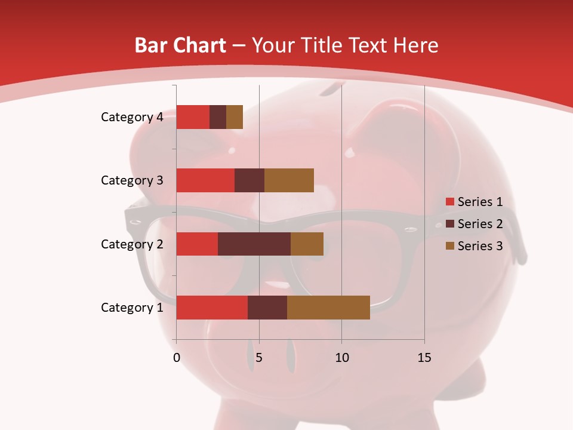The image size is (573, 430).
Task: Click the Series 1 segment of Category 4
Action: pyautogui.click(x=193, y=117)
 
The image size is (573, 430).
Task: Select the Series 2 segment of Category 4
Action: pyautogui.click(x=218, y=117)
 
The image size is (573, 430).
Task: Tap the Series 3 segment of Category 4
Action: pyautogui.click(x=235, y=117)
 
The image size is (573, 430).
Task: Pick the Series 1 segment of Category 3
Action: pyautogui.click(x=205, y=180)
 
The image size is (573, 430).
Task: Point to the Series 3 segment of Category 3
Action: pyautogui.click(x=289, y=180)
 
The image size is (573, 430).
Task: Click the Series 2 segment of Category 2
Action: pyautogui.click(x=254, y=244)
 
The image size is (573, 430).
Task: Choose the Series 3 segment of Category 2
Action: pyautogui.click(x=307, y=244)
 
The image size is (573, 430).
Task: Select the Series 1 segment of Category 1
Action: pyautogui.click(x=212, y=308)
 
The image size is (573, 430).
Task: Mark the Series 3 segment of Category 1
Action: pyautogui.click(x=328, y=308)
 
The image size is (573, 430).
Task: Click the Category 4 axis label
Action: pyautogui.click(x=132, y=117)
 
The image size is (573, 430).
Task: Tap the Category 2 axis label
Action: pyautogui.click(x=132, y=244)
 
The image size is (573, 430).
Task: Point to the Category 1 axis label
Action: pyautogui.click(x=132, y=308)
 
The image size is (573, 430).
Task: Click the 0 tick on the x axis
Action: pyautogui.click(x=177, y=358)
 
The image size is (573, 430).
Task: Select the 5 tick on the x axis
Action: pyautogui.click(x=259, y=358)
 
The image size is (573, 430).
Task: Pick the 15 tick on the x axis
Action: pyautogui.click(x=424, y=358)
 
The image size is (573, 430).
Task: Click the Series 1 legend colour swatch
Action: pyautogui.click(x=449, y=202)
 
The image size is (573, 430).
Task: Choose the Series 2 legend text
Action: pyautogui.click(x=480, y=224)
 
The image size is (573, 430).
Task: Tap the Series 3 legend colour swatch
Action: pyautogui.click(x=449, y=246)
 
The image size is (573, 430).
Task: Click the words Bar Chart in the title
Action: pyautogui.click(x=180, y=45)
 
